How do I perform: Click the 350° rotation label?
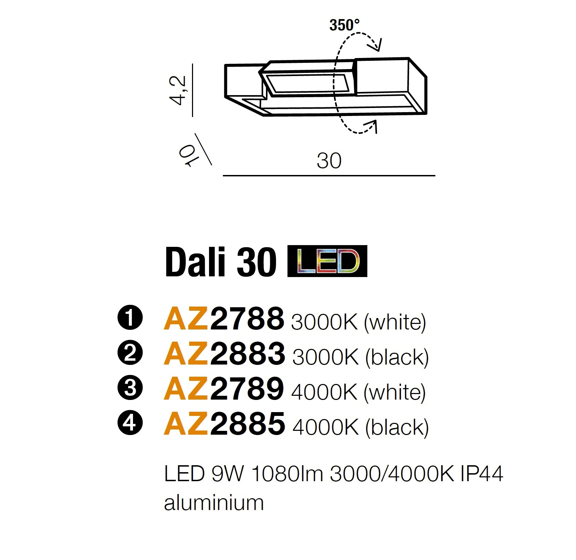point(344,25)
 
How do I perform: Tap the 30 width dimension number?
point(329,161)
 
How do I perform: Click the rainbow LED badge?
point(327,261)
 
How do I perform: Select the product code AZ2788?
point(224,319)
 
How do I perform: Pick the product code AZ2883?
point(224,353)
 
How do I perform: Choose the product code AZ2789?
point(224,388)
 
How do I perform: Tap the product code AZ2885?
point(224,423)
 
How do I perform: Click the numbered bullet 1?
point(130,318)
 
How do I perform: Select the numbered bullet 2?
point(130,353)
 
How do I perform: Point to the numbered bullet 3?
point(130,388)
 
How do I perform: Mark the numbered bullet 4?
point(130,423)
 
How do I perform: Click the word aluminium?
point(214,502)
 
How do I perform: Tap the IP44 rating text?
point(482,474)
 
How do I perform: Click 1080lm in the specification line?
point(287,474)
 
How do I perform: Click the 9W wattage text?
point(227,474)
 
